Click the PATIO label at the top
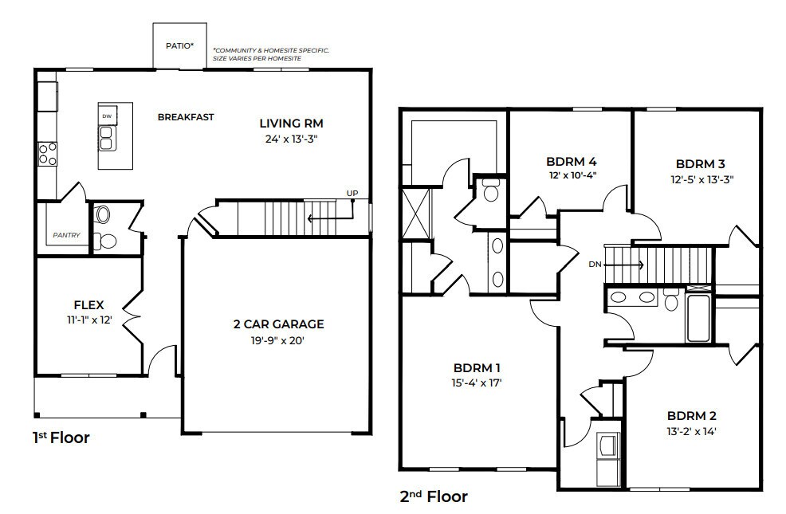[x=179, y=45]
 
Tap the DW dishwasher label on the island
[x=106, y=116]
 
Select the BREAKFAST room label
[x=186, y=117]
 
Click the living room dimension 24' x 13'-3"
[x=291, y=139]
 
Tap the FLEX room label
[x=89, y=304]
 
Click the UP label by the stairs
[x=352, y=193]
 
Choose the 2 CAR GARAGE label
[x=277, y=324]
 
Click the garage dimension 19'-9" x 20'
[x=277, y=340]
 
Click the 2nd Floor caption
[x=433, y=497]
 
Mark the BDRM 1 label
[x=477, y=368]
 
